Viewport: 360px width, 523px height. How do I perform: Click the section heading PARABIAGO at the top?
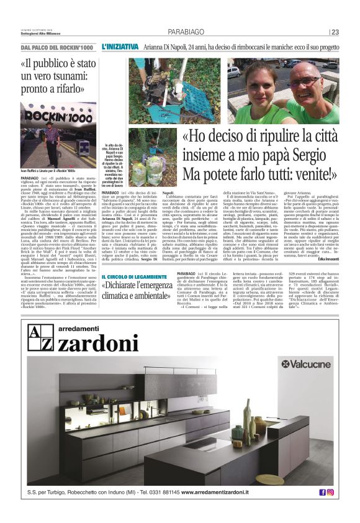pyautogui.click(x=186, y=32)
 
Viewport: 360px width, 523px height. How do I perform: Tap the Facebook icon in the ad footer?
pyautogui.click(x=322, y=492)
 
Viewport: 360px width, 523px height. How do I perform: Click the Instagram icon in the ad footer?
pyautogui.click(x=330, y=492)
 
